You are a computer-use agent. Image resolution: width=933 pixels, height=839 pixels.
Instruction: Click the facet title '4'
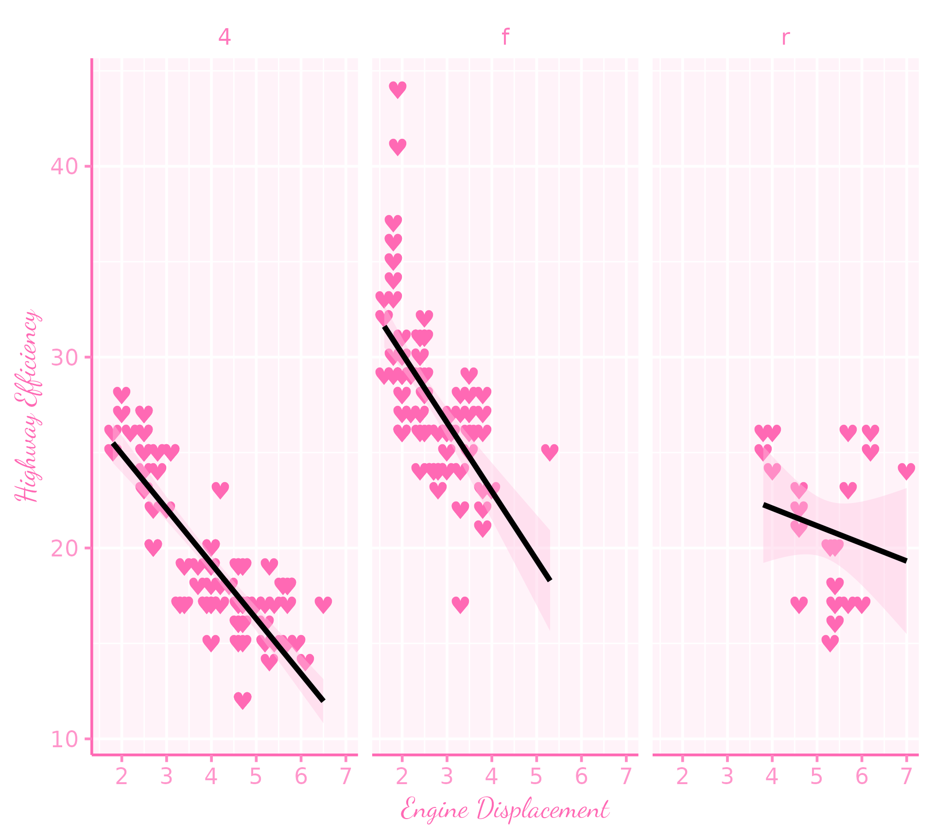tap(224, 37)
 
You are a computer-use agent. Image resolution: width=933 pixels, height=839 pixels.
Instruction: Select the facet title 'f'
tap(505, 37)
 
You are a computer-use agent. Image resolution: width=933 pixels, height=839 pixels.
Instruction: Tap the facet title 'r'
tap(785, 37)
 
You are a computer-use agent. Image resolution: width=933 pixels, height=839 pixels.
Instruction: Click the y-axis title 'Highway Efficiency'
tap(27, 405)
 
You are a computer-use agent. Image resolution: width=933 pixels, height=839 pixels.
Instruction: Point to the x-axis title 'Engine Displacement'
tap(505, 809)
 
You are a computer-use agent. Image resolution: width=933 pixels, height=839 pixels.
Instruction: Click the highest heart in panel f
tap(397, 89)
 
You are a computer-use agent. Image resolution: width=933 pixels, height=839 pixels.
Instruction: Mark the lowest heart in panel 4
tap(242, 700)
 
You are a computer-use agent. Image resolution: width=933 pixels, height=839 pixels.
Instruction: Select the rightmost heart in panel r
tap(906, 470)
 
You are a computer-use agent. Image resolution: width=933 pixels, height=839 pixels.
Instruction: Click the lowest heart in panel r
tap(830, 643)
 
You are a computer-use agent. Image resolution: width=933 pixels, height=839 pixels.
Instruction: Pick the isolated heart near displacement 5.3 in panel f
tap(550, 452)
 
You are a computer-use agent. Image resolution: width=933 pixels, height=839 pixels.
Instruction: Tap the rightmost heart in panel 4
tap(323, 604)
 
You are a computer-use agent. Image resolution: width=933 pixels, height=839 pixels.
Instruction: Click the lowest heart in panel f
tap(460, 604)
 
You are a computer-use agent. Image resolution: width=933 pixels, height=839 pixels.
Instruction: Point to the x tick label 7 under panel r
tap(906, 777)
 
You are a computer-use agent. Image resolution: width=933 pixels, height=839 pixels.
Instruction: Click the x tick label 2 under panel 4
tap(121, 777)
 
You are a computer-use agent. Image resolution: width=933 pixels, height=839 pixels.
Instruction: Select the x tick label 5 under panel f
tap(536, 777)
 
